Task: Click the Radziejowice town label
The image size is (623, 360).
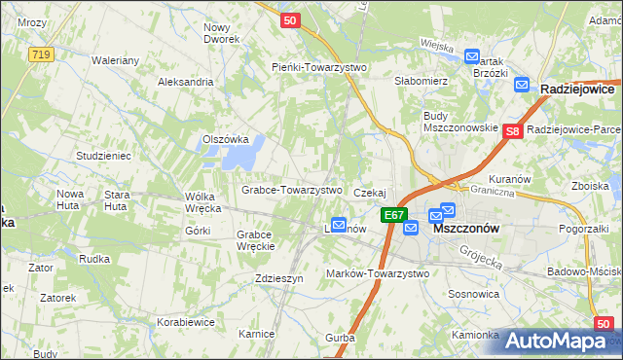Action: coord(581,88)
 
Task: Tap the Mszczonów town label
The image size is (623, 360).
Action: coord(465,228)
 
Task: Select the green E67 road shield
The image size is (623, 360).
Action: coord(393,215)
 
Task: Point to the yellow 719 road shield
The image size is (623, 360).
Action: coord(40,55)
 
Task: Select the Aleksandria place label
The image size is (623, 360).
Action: coord(185,82)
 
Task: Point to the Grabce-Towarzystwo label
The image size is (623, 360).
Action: coord(291,190)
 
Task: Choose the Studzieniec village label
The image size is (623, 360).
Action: coord(103,156)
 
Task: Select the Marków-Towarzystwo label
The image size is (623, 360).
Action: coord(378,273)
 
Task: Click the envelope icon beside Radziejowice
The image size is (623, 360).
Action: coord(521,86)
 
